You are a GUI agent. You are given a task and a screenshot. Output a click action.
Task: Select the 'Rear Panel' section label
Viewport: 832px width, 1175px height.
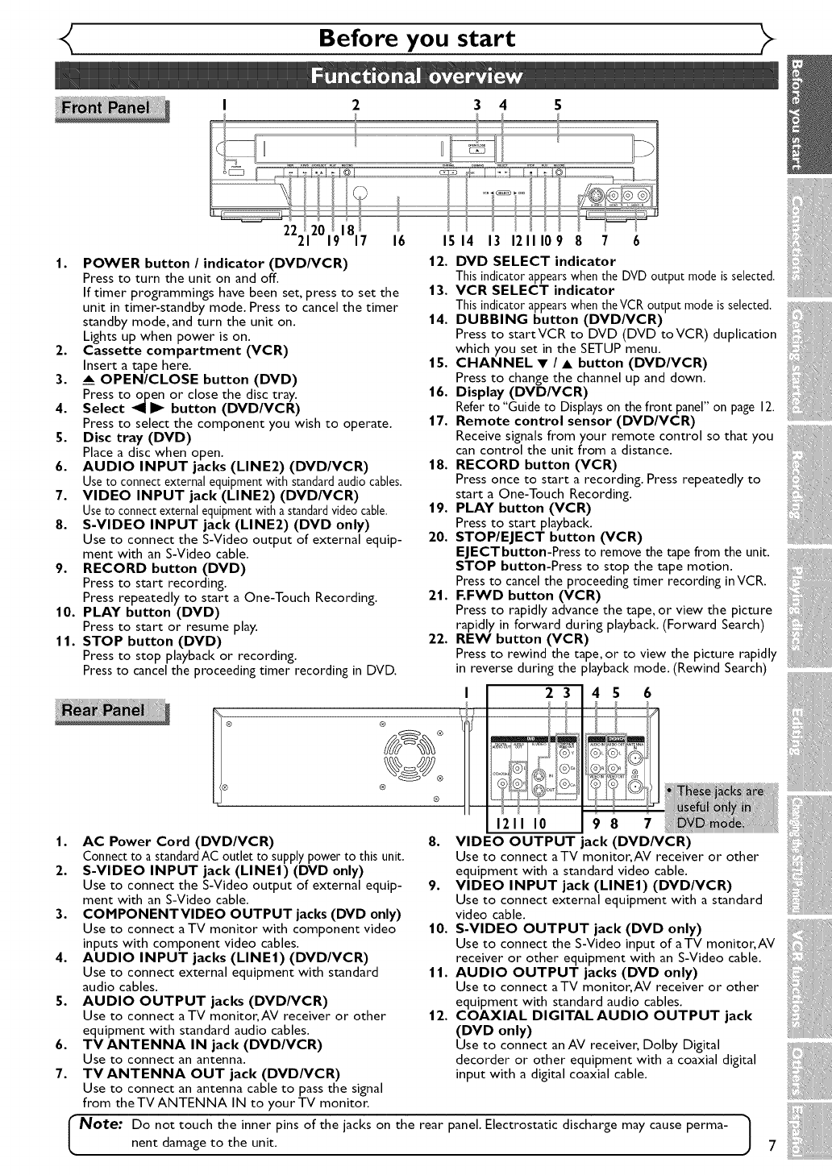[x=111, y=710]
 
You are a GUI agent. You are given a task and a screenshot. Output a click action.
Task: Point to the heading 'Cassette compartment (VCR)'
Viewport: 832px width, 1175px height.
[x=174, y=350]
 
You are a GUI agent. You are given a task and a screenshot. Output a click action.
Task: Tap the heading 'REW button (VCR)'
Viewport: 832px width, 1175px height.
[x=522, y=639]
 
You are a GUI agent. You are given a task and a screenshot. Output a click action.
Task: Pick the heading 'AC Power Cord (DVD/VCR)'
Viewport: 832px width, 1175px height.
[x=178, y=841]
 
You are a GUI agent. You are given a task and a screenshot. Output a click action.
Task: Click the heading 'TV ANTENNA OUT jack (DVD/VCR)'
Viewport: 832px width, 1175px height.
[x=211, y=1073]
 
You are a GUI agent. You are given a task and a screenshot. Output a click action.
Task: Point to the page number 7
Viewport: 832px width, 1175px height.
[x=772, y=1146]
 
